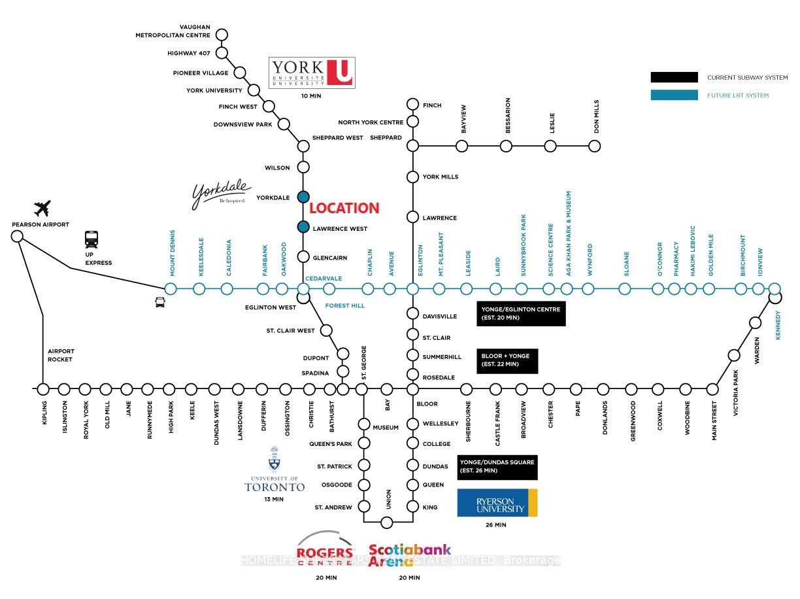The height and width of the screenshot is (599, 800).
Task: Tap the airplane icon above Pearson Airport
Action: (42, 209)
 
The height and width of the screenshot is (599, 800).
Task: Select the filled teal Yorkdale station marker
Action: (303, 197)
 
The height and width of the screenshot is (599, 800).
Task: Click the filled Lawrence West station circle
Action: (303, 227)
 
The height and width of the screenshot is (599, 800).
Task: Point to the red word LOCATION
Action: (344, 209)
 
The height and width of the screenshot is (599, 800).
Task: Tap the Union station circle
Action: (387, 522)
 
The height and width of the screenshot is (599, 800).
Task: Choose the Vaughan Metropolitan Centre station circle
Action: (222, 35)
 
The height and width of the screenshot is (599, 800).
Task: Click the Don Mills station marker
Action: (594, 146)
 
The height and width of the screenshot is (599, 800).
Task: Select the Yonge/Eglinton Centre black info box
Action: (521, 313)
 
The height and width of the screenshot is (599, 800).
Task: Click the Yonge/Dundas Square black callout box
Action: (497, 467)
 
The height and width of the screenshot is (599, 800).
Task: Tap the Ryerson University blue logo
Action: (497, 503)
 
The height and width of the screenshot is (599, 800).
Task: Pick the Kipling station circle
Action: (43, 389)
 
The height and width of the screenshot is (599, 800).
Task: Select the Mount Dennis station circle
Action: (171, 288)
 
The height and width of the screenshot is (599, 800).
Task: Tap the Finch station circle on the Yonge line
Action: (412, 104)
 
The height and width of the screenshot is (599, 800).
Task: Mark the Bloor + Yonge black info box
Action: (507, 360)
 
